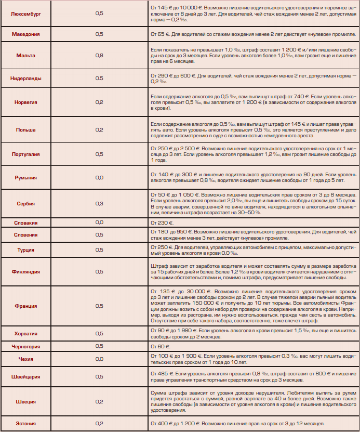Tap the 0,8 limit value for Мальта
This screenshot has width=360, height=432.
[x=99, y=55]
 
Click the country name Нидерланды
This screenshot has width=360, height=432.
[x=26, y=78]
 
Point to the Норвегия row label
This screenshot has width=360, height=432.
[x=26, y=102]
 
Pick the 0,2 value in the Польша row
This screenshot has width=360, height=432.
[x=99, y=129]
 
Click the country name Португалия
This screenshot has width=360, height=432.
[x=26, y=154]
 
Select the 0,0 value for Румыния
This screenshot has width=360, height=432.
[x=99, y=178]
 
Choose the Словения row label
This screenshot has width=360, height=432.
[x=26, y=234]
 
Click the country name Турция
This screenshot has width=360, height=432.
[x=26, y=250]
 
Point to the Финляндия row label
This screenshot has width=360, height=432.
[x=26, y=272]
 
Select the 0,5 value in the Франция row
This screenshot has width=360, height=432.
[x=99, y=306]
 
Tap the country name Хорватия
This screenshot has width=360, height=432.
[x=26, y=334]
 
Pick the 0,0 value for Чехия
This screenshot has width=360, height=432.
[x=99, y=359]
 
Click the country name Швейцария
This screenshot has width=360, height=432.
[x=26, y=376]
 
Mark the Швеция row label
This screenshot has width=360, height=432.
[x=26, y=401]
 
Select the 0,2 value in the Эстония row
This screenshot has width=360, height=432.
[x=99, y=424]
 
